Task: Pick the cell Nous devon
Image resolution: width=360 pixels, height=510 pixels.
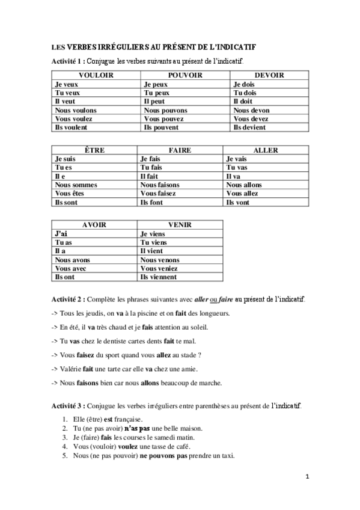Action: pyautogui.click(x=251, y=110)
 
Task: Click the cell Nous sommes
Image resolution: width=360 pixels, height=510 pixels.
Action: pyautogui.click(x=76, y=185)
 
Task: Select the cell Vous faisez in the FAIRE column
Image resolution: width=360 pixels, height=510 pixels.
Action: pyautogui.click(x=159, y=194)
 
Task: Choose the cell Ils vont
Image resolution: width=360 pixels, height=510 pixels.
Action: pyautogui.click(x=237, y=203)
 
